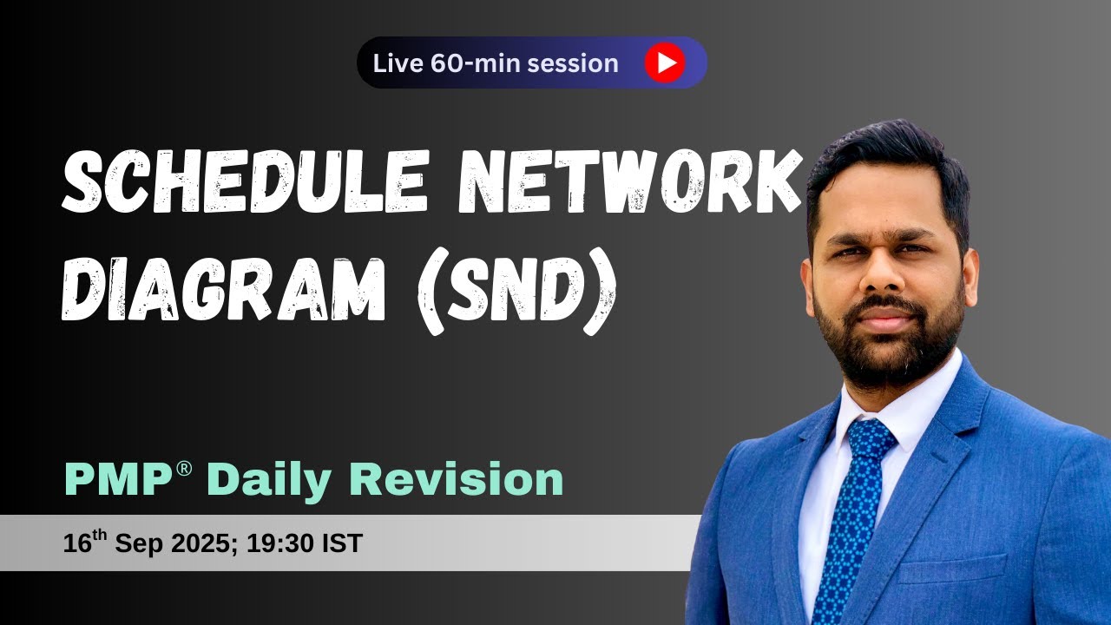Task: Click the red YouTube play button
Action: point(665,62)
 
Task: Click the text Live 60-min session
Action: point(496,63)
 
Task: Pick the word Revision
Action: point(457,480)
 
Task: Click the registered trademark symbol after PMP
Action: point(183,469)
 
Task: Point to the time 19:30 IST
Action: point(304,544)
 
